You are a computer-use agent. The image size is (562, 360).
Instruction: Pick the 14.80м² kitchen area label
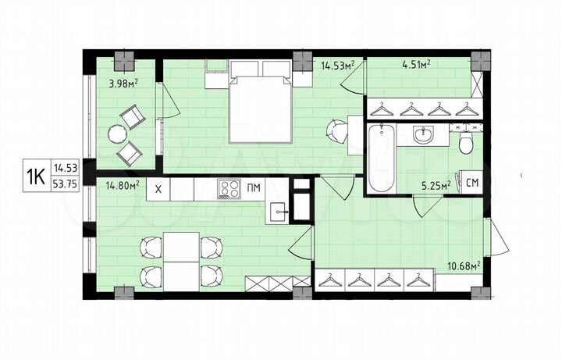122,186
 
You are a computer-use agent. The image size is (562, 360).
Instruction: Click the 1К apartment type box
34,176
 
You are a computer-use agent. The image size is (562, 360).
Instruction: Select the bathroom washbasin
425,135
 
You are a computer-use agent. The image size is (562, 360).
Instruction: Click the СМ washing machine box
471,183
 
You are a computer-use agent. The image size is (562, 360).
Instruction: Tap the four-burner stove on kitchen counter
228,188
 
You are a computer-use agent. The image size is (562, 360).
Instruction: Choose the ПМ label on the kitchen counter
254,188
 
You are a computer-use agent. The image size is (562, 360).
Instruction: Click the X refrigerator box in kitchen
158,188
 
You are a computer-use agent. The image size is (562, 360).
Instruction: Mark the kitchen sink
279,211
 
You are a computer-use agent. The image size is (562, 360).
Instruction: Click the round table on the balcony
117,134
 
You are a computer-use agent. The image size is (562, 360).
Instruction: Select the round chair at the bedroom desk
336,129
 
